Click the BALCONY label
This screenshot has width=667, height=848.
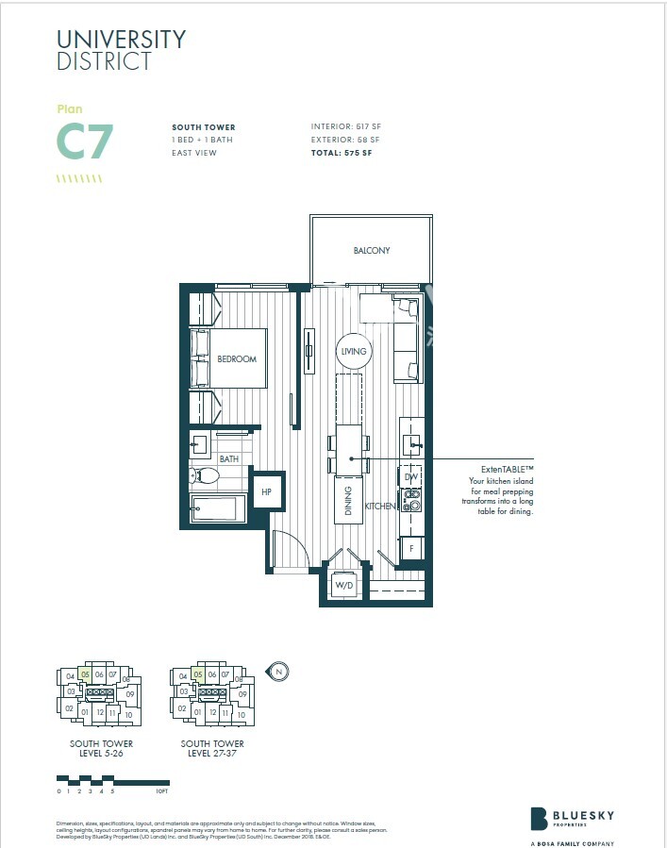(x=372, y=250)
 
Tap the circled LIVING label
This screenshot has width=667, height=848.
(x=353, y=351)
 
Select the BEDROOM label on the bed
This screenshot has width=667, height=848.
(x=237, y=358)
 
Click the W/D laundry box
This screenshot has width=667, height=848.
(x=344, y=586)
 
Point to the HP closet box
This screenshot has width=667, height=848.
(x=267, y=491)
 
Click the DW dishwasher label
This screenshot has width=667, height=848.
(x=410, y=477)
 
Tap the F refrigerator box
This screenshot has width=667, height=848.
(x=411, y=548)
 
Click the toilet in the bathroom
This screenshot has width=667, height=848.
(x=205, y=477)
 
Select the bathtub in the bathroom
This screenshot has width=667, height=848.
(x=217, y=510)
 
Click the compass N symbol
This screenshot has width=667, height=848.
(x=279, y=672)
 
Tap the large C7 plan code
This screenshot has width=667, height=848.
(x=85, y=141)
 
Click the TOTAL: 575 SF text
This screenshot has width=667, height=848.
(x=342, y=153)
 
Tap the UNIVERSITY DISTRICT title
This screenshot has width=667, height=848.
(x=121, y=50)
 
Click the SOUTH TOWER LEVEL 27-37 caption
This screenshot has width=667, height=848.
(x=212, y=748)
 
